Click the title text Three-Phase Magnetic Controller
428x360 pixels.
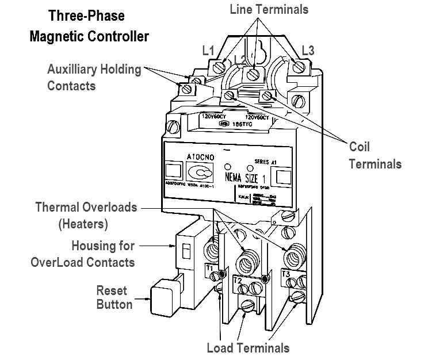point(89,26)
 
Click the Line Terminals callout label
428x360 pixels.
point(269,10)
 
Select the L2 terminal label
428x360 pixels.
point(240,60)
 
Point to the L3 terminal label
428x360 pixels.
point(308,51)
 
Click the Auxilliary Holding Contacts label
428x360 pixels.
point(94,78)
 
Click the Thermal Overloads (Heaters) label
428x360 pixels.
point(87,215)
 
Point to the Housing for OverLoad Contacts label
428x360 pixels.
point(91,254)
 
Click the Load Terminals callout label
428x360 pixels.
point(248,347)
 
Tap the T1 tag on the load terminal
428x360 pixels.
point(210,268)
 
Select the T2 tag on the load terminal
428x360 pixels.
point(237,279)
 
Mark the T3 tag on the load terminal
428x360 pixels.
point(286,274)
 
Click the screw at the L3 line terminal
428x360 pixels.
point(299,67)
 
